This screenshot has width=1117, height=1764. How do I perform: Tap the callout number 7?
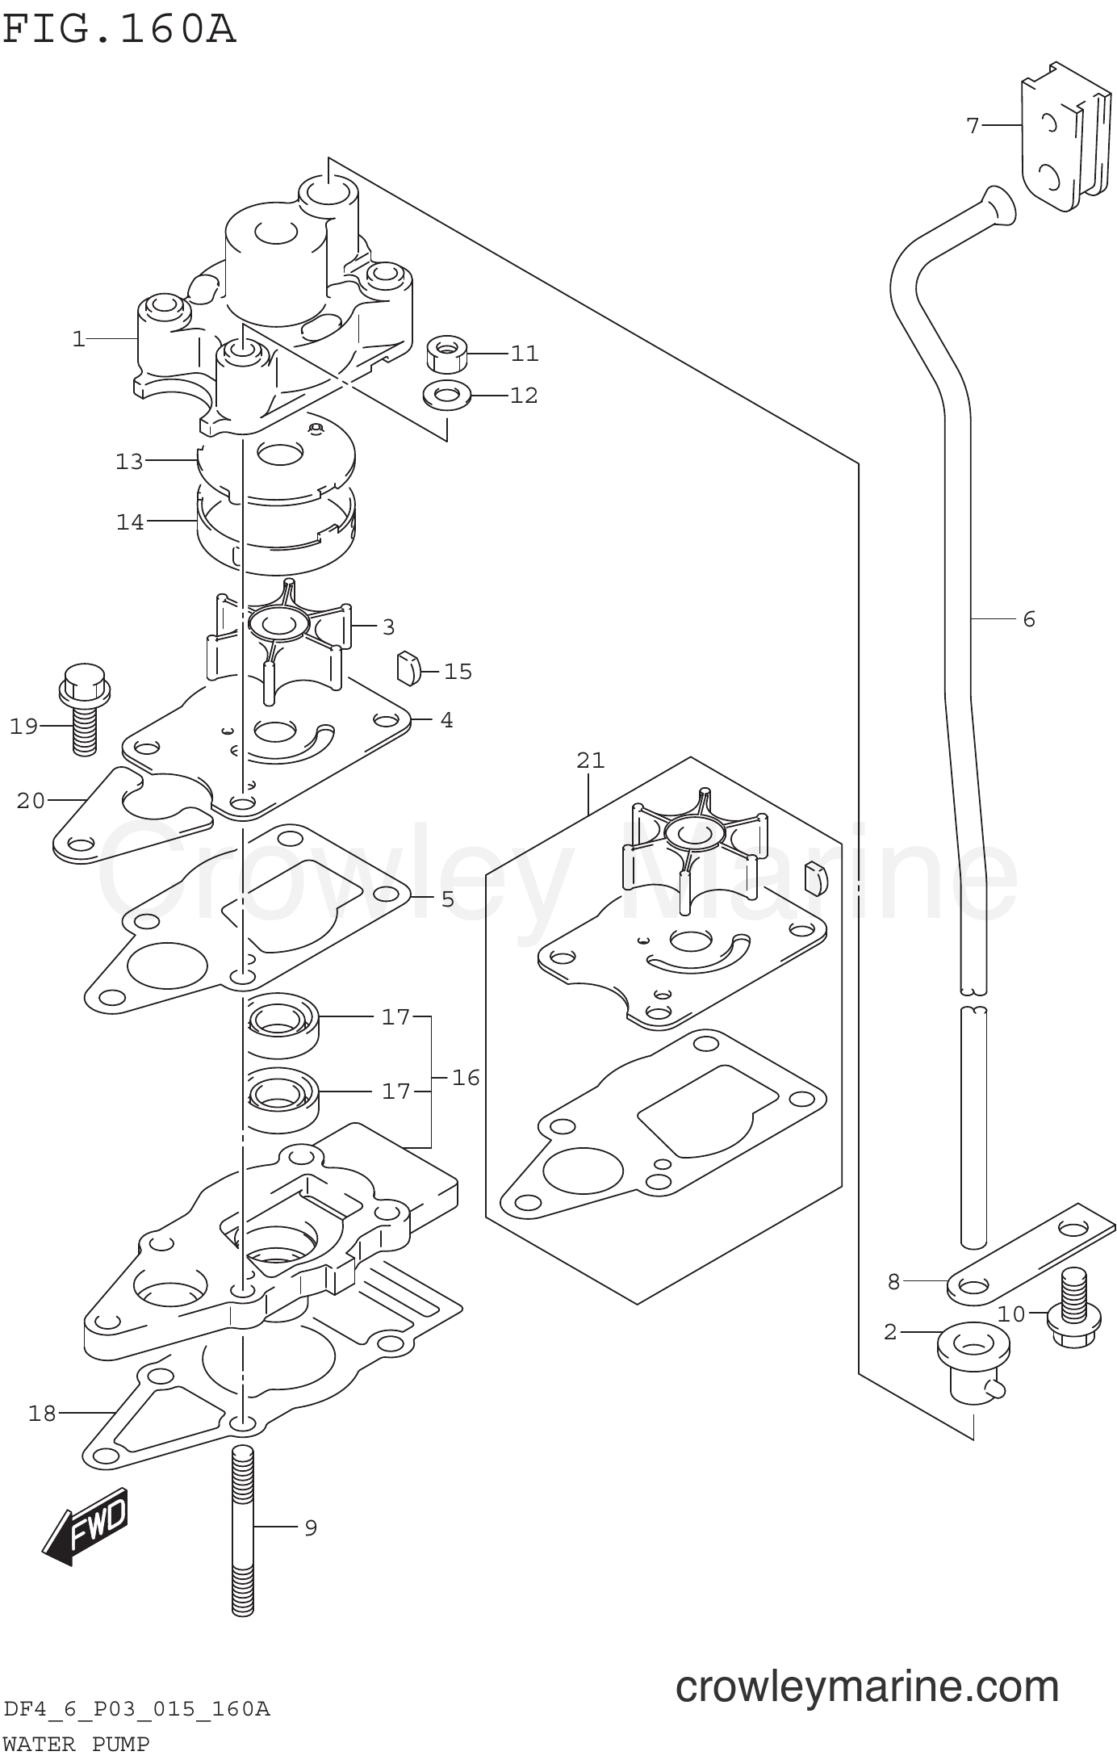pyautogui.click(x=973, y=125)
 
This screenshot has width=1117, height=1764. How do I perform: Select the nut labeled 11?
pyautogui.click(x=448, y=353)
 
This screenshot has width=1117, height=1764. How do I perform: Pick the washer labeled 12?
pyautogui.click(x=448, y=395)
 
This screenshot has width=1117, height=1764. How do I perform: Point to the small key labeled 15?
pyautogui.click(x=409, y=668)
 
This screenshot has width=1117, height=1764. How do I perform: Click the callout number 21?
pyautogui.click(x=590, y=760)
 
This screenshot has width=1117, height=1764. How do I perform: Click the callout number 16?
pyautogui.click(x=466, y=1077)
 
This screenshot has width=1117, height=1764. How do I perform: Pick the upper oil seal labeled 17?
pyautogui.click(x=282, y=1023)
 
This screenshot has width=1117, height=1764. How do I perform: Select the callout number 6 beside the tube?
pyautogui.click(x=1028, y=619)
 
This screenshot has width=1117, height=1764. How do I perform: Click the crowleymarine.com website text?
pyautogui.click(x=866, y=1686)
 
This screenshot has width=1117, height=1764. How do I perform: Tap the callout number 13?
pyautogui.click(x=129, y=461)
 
